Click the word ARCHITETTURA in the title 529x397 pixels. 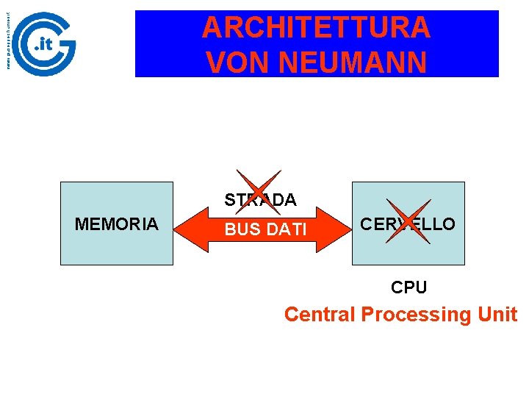tap(316, 28)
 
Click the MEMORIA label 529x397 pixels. tap(116, 224)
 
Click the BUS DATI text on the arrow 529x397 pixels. tap(265, 230)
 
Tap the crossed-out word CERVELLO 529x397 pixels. tap(408, 223)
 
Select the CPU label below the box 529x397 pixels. tap(409, 287)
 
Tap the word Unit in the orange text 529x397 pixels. tap(497, 315)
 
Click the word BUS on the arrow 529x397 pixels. tap(239, 230)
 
